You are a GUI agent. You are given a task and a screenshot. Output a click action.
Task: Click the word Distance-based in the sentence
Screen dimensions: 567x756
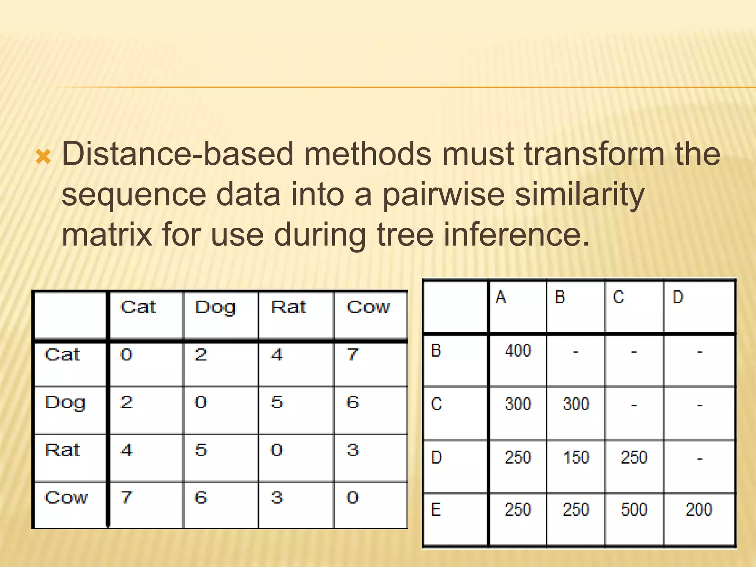[x=177, y=154]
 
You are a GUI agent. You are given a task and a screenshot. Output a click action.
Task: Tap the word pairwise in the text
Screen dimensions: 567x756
[x=443, y=195]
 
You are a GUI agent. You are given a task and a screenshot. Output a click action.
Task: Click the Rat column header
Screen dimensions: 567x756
[x=288, y=307]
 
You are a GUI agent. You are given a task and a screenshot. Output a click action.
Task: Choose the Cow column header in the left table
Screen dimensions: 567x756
[x=368, y=307]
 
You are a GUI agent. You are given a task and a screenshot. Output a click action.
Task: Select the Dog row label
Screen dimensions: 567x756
[x=65, y=403]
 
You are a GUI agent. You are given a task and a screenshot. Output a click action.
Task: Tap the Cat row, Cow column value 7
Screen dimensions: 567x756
[x=353, y=355]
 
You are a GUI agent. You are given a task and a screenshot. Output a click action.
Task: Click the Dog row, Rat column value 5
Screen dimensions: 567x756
[x=276, y=402]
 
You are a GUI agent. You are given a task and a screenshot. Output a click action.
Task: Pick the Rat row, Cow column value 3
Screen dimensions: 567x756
[x=353, y=450]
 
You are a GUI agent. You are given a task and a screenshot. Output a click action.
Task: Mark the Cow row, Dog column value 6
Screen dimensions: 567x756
[x=200, y=498]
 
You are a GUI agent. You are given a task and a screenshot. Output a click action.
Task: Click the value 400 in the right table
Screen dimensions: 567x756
[x=518, y=350]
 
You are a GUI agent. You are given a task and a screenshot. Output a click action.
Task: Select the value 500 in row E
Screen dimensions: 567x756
[x=634, y=509]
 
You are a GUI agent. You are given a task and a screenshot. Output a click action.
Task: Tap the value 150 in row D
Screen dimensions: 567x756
[x=576, y=457]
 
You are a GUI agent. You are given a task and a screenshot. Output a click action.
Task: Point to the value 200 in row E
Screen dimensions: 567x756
[x=698, y=509]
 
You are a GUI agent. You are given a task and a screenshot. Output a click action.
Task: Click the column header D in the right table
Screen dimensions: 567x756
[x=678, y=297]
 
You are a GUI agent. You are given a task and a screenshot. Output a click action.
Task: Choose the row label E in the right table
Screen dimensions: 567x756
[x=436, y=510]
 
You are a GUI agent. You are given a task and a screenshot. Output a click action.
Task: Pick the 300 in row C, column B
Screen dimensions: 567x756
[x=576, y=404]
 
